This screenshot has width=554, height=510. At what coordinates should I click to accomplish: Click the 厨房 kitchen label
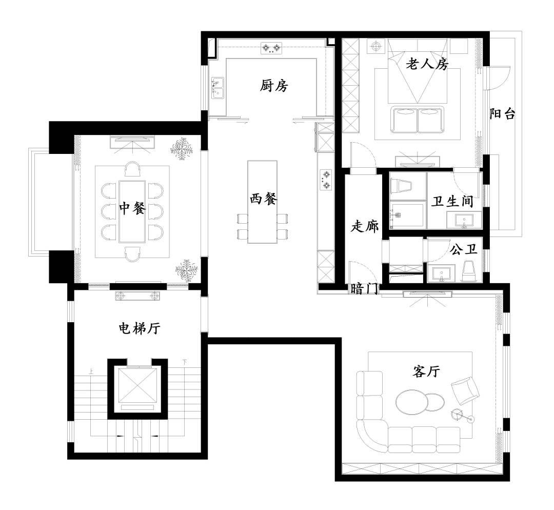(274, 86)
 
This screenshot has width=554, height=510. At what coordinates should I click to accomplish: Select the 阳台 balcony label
(502, 114)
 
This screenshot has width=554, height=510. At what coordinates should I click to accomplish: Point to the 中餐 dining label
(133, 208)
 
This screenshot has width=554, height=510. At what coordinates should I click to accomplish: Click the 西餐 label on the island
(264, 200)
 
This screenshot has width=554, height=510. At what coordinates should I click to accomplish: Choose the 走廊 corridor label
(364, 226)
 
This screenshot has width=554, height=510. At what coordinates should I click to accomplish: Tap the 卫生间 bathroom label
(451, 201)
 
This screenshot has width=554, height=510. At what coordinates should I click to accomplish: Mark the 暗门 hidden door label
(364, 289)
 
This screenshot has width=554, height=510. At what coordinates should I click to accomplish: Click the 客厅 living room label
(426, 371)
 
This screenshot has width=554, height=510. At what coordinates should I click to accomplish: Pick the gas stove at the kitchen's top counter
(272, 49)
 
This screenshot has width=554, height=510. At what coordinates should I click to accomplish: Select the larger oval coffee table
(413, 401)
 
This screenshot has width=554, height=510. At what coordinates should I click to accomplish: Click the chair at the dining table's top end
(133, 169)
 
